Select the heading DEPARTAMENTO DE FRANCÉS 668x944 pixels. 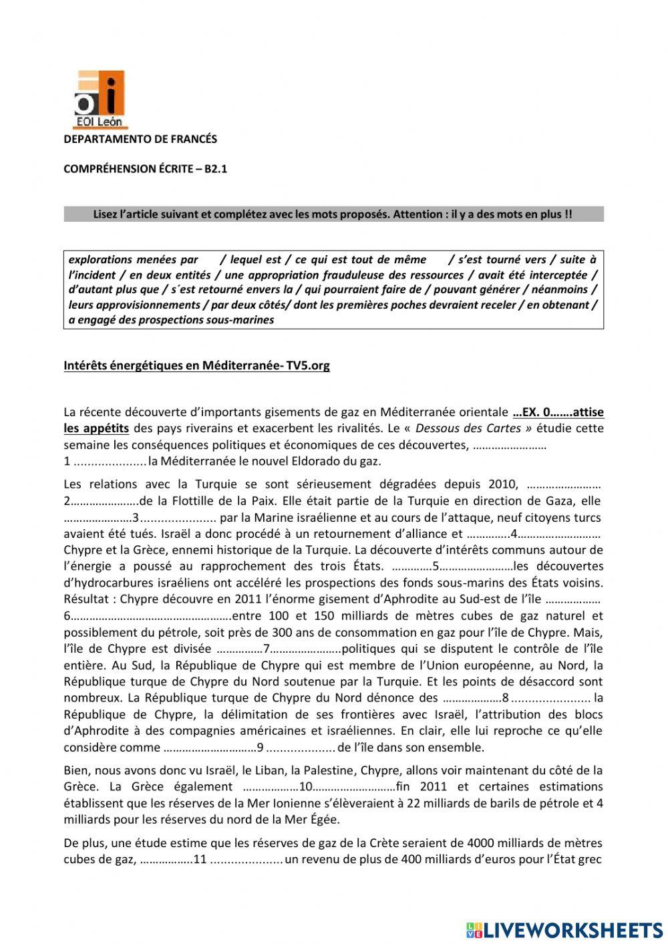140,140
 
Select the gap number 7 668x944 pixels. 266,649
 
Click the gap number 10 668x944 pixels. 306,786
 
